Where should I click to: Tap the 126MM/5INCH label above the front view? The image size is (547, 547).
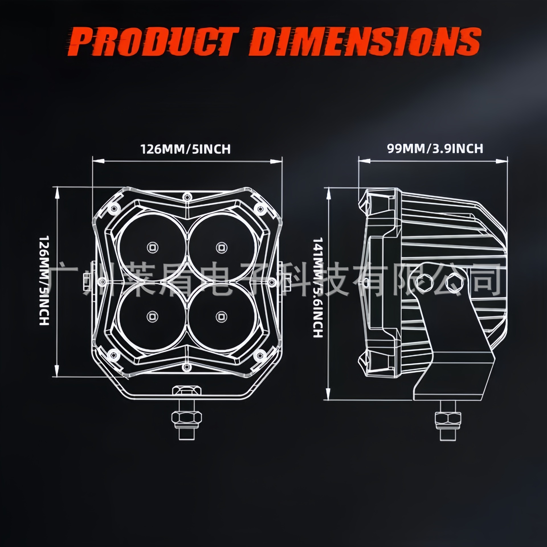tap(186, 149)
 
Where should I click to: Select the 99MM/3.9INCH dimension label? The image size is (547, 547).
tap(435, 148)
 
